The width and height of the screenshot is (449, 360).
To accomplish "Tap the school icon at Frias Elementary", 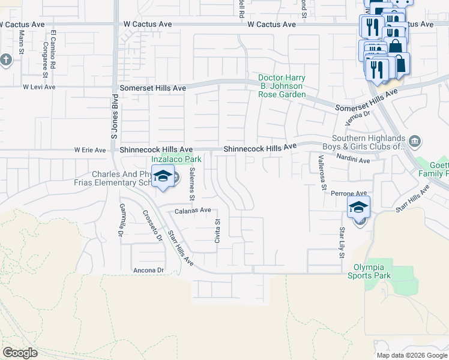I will [x=162, y=176].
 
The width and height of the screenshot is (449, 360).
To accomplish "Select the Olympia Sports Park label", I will [x=369, y=271].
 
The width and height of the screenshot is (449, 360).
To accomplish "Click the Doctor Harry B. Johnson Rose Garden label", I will [x=282, y=86].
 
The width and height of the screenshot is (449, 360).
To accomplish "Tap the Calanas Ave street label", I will [x=193, y=211].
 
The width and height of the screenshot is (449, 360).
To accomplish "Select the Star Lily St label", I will [x=341, y=242].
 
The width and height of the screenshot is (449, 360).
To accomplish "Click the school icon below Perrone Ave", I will [x=358, y=208].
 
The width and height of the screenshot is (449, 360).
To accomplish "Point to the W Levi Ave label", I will [x=39, y=87].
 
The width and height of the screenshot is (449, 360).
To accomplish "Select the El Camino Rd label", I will [x=53, y=48].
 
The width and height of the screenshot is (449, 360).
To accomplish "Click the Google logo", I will [x=20, y=353].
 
